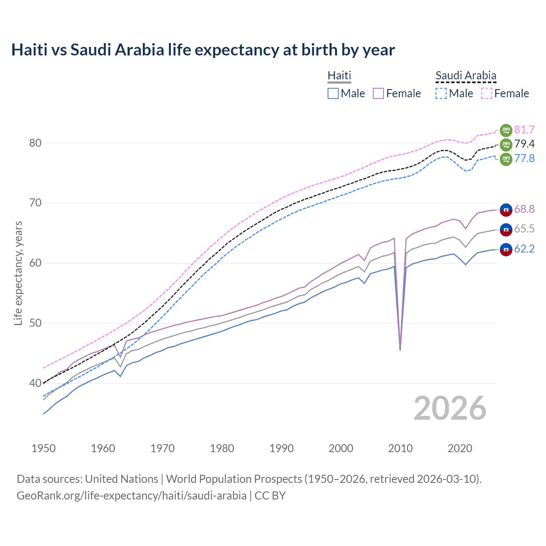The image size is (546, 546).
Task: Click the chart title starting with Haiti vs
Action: coord(203,50)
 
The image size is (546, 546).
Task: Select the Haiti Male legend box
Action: coord(333,93)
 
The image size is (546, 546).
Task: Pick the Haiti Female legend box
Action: coord(378,93)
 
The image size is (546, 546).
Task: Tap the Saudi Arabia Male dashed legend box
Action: coord(441,93)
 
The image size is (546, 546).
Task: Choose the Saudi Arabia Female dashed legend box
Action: coord(486,93)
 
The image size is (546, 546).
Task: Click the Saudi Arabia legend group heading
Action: coord(466,76)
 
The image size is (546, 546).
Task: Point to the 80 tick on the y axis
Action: coord(35,143)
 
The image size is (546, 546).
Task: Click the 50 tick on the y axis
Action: coord(35,323)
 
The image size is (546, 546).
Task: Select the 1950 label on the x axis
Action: coord(44,448)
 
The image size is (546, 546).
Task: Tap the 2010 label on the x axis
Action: coord(401,448)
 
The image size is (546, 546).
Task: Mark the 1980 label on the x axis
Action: coord(222,448)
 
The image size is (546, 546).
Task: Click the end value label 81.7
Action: coord(524,130)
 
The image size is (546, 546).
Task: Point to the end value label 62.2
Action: coord(524,249)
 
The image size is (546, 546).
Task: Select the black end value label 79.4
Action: coord(524,144)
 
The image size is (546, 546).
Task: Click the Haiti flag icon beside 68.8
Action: coord(506,209)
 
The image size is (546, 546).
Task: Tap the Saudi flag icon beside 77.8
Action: coord(506,159)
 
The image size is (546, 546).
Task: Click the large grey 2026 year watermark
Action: coord(450,408)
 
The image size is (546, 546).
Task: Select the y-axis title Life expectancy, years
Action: coord(18,273)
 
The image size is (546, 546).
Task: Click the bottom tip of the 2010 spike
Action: coord(400,350)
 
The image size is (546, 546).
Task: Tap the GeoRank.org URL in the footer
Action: coord(131,496)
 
